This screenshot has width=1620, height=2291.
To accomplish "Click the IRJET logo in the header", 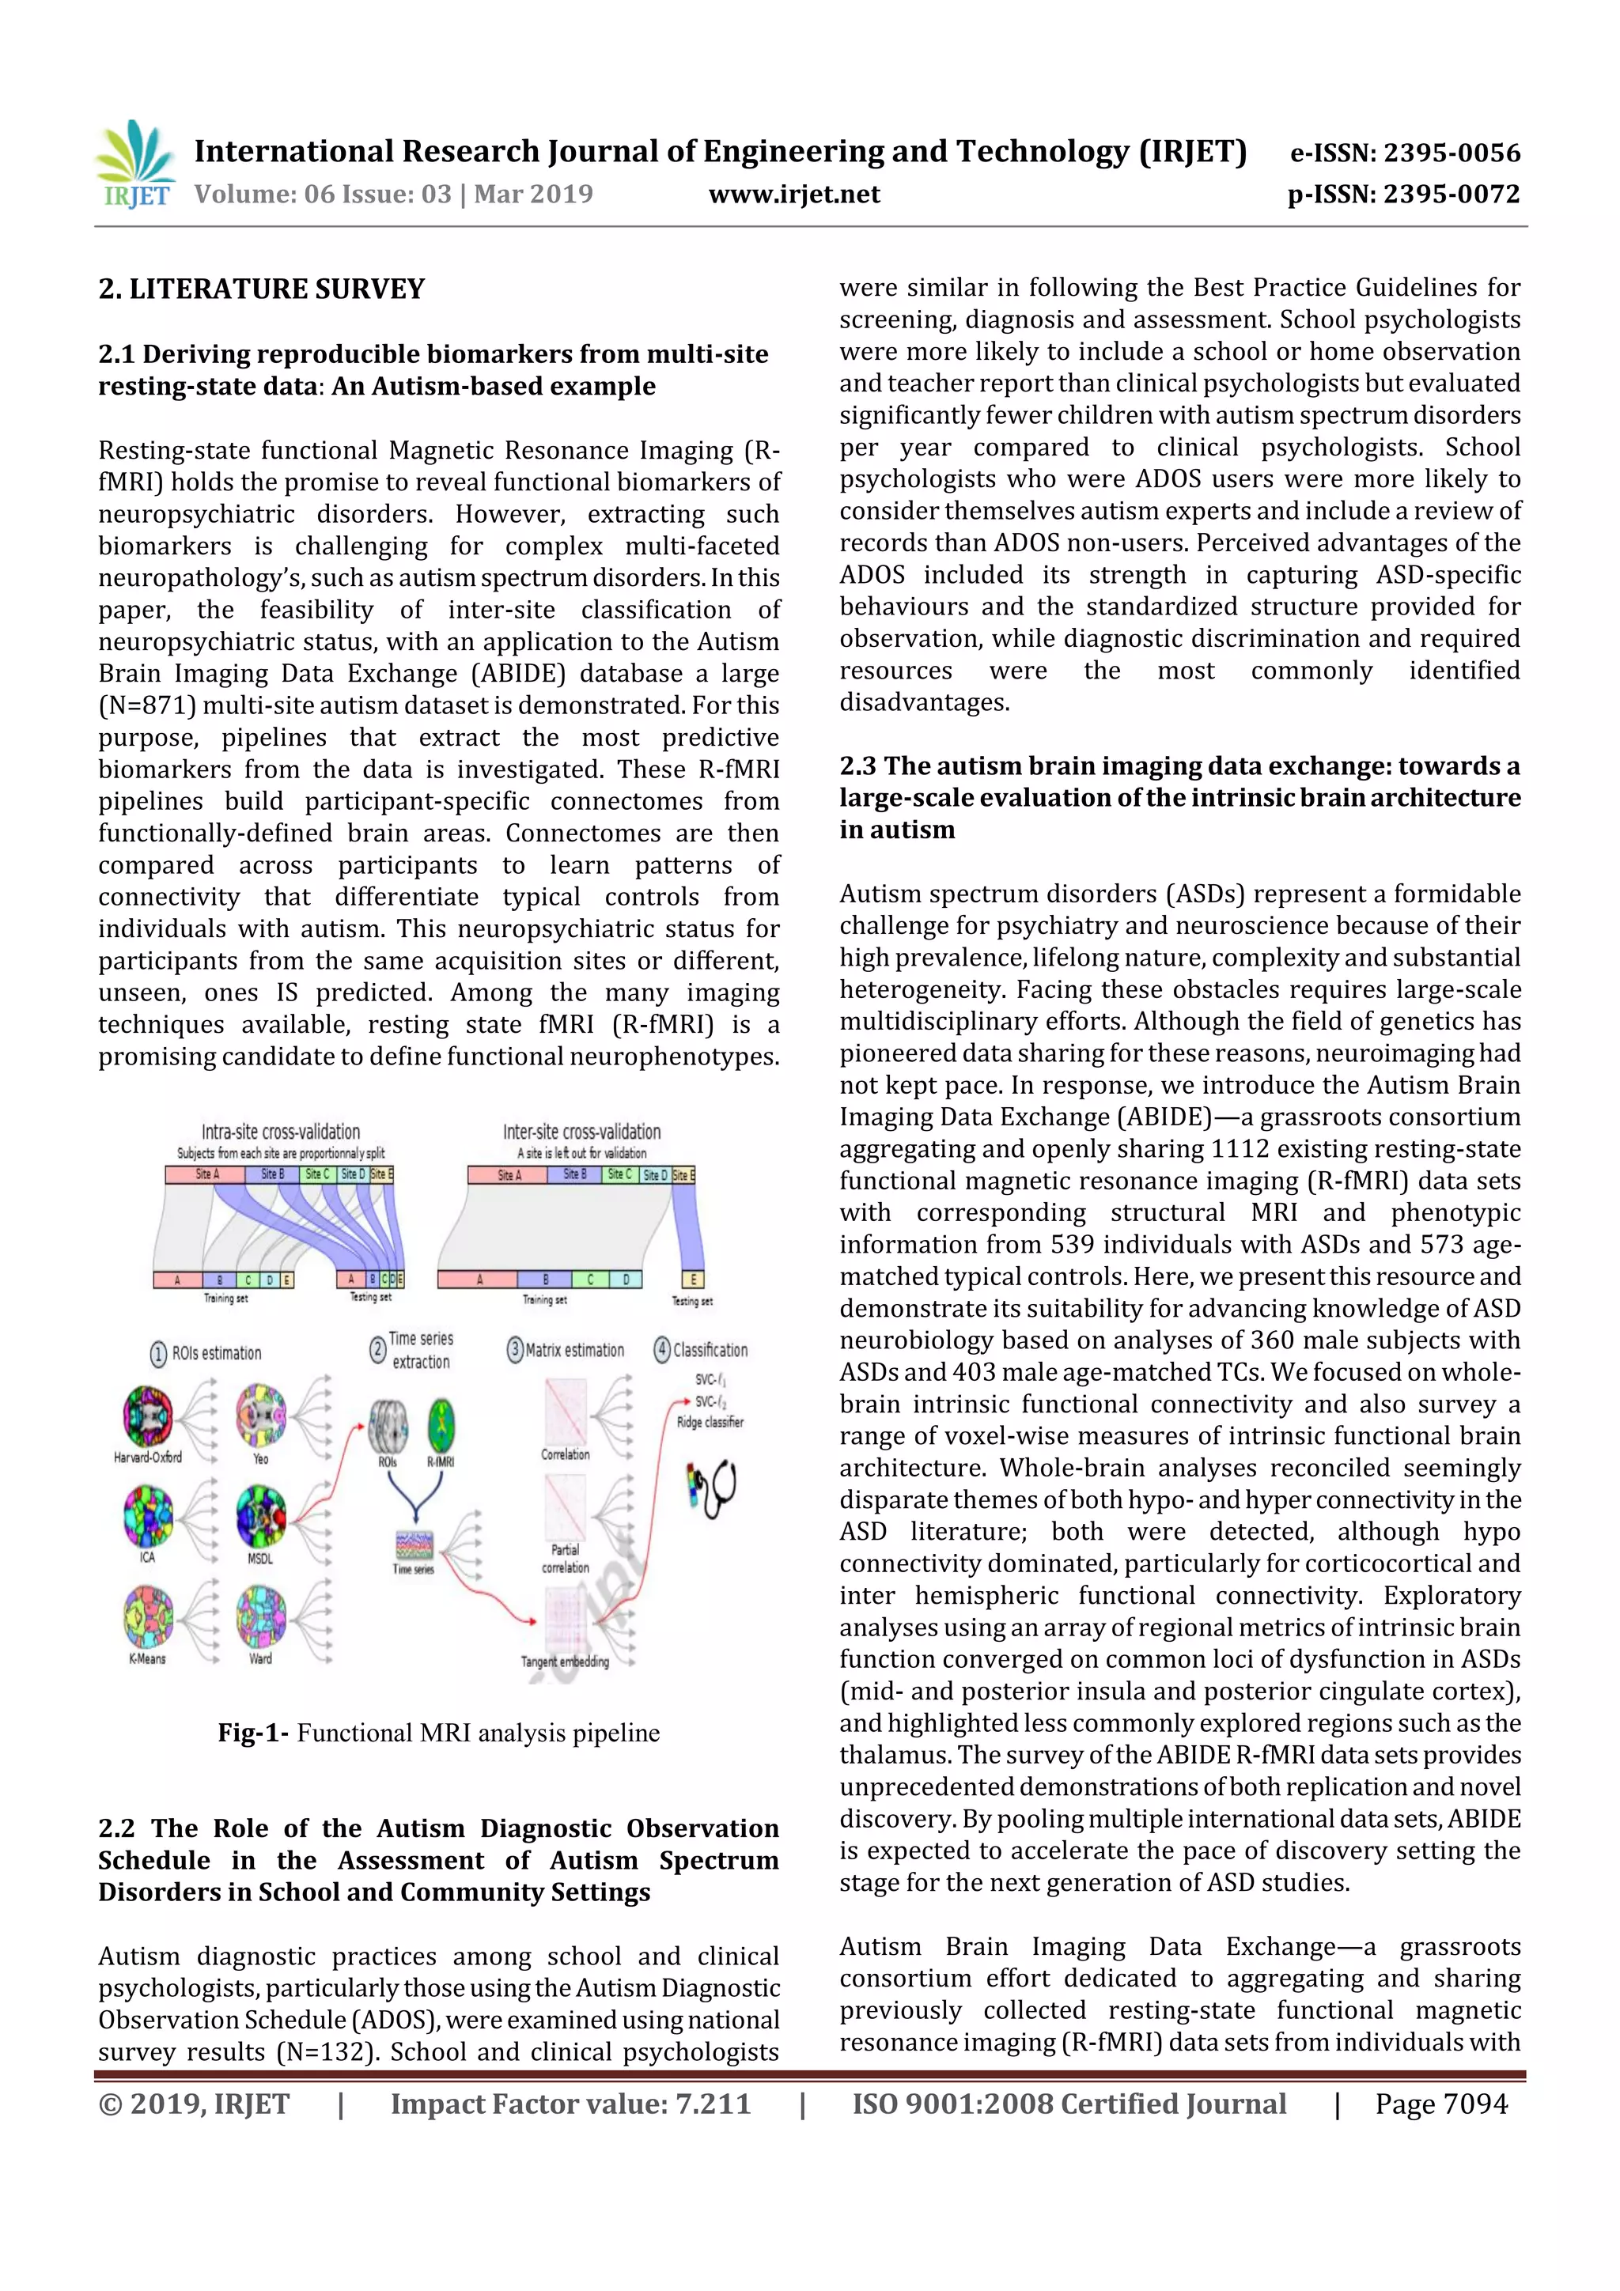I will (x=136, y=164).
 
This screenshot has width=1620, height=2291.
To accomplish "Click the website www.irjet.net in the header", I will (x=793, y=195).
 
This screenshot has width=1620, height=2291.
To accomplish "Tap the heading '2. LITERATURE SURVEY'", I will (x=262, y=289).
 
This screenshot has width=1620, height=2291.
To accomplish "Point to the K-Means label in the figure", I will (x=146, y=1658).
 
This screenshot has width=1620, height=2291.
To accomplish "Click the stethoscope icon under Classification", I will (x=712, y=1490).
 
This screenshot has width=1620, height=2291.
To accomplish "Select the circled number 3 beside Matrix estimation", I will (x=515, y=1350).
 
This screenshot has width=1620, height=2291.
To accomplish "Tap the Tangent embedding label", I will (x=564, y=1662).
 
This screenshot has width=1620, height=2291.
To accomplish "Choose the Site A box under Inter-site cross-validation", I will (x=507, y=1174).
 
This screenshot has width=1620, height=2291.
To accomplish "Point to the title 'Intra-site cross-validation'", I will (x=281, y=1132).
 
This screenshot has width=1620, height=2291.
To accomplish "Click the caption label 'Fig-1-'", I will (x=254, y=1733).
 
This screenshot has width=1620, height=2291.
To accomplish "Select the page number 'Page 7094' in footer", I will (x=1440, y=2104).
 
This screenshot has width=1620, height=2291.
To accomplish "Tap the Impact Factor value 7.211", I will (x=713, y=2104).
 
